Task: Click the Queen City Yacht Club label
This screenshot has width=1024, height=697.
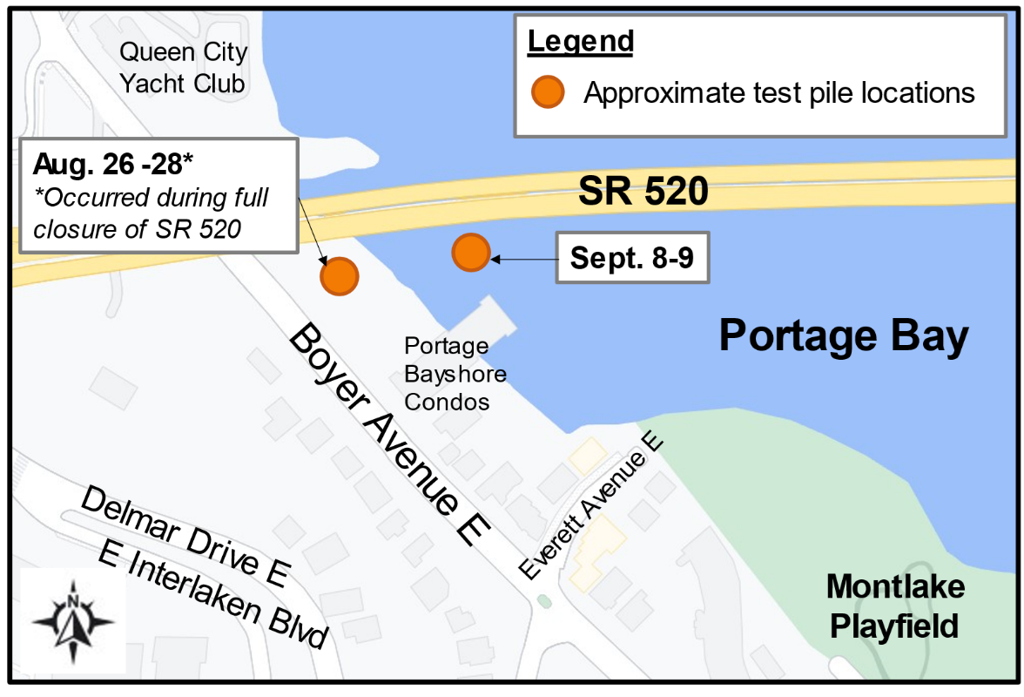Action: click(183, 68)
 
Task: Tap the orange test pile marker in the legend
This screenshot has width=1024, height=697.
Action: click(549, 91)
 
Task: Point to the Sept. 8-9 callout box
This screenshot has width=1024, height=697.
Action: click(632, 258)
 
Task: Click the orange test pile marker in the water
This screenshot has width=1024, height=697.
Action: click(470, 253)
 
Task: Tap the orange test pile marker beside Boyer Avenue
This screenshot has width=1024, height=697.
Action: click(339, 276)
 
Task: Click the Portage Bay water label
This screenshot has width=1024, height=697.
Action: click(843, 336)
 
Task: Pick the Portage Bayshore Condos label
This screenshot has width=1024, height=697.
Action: click(455, 374)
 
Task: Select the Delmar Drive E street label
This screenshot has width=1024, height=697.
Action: click(185, 535)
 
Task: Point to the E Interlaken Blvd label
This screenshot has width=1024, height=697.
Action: click(213, 594)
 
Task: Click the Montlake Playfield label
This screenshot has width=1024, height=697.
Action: click(894, 606)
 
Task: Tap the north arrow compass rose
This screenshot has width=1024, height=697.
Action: click(73, 621)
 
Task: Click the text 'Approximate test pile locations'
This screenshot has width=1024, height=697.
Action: click(778, 92)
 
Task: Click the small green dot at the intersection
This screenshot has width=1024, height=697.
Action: click(544, 600)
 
